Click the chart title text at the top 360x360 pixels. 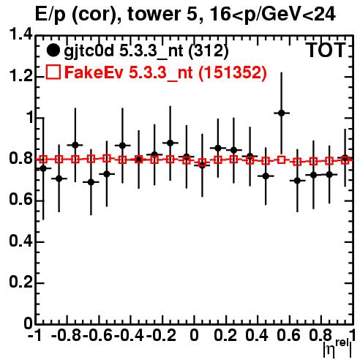point(185,15)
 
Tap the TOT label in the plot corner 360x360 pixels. point(326,50)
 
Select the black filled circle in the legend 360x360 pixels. point(53,50)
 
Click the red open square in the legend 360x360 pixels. point(53,72)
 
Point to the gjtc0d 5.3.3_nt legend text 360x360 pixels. point(146,51)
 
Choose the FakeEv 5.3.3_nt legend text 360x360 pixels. point(166,72)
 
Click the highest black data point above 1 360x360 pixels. point(282,113)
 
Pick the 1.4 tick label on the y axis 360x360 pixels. point(20,34)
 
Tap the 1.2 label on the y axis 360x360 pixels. point(20,76)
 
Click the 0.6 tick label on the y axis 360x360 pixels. point(20,200)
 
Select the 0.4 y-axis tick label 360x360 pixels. point(20,241)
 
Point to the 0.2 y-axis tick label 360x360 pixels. point(20,282)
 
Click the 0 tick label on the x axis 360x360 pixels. point(194,335)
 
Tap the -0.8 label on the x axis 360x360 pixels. point(66,335)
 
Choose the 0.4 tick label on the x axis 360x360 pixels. point(257,335)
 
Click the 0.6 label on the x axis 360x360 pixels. point(288,335)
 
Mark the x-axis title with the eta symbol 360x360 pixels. point(337,348)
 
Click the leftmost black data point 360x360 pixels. point(43,168)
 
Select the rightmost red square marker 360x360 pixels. point(345,160)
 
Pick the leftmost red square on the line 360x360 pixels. point(43,160)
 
